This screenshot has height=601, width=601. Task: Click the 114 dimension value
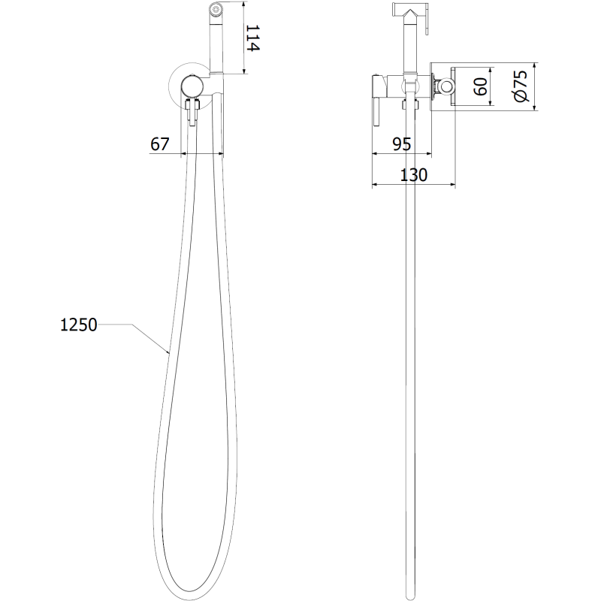click(x=252, y=38)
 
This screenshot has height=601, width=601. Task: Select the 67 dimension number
click(x=160, y=144)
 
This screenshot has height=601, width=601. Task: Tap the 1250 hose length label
click(x=79, y=325)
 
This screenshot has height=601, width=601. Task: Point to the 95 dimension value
click(x=402, y=144)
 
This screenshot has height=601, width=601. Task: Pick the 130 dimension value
click(x=413, y=175)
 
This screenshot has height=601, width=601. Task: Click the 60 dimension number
click(x=480, y=86)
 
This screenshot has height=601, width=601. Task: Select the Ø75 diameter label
click(x=521, y=86)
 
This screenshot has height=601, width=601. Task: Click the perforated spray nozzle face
click(x=216, y=9)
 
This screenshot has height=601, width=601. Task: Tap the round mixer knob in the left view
click(x=193, y=86)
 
